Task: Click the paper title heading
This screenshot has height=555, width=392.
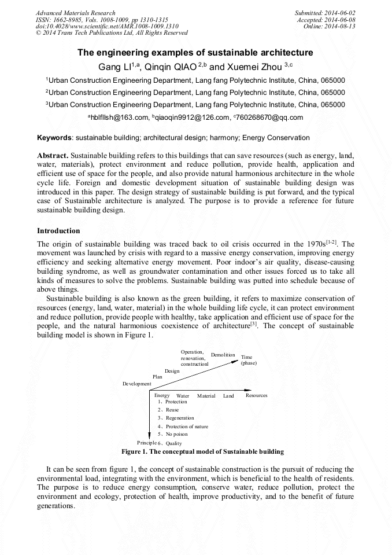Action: [195, 53]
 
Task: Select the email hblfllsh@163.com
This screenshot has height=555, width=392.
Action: [118, 117]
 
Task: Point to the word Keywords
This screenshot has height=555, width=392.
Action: [54, 138]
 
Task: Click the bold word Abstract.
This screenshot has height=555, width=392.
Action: [53, 156]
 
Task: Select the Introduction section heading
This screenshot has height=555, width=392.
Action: [58, 231]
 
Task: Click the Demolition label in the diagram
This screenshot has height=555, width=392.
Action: [223, 355]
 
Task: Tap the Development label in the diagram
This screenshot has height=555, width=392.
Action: [136, 384]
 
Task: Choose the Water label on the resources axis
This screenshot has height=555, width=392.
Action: [183, 396]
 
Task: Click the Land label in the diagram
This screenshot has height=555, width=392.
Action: [229, 396]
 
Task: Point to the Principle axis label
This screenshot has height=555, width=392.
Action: [146, 443]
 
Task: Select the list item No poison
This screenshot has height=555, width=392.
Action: [176, 434]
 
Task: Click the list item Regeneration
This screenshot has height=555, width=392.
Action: [180, 418]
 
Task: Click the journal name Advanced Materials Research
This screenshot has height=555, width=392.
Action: [75, 13]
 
